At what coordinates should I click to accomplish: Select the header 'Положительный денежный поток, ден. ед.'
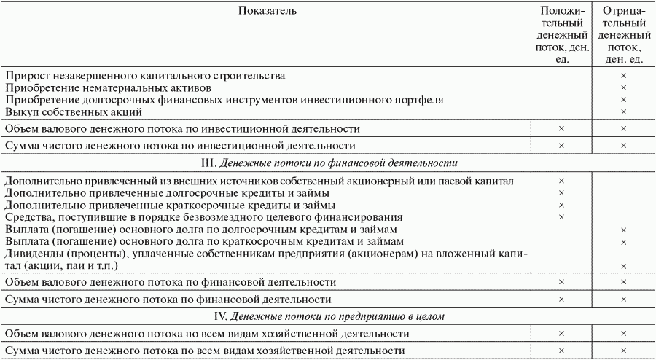(561, 35)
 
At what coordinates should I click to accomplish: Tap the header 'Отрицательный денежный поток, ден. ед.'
(623, 35)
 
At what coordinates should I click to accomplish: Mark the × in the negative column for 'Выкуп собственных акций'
(623, 111)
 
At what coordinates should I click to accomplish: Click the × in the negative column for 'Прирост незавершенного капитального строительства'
(623, 76)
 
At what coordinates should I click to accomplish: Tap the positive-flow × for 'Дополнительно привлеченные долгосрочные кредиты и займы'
(561, 192)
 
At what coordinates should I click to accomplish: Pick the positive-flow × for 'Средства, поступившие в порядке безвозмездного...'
(561, 216)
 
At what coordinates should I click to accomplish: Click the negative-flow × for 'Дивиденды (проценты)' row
(623, 265)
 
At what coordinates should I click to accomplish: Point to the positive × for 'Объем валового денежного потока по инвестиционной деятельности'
(561, 128)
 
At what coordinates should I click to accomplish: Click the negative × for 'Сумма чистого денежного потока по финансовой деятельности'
(623, 299)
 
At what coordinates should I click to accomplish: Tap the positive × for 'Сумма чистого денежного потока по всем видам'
(561, 351)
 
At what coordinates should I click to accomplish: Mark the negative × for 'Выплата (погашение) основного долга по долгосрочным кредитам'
(623, 230)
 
